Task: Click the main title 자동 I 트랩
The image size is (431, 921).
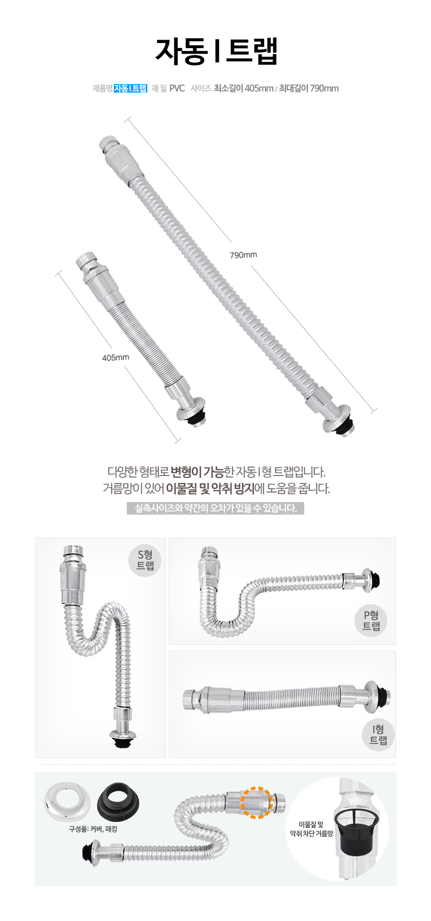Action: coord(216,51)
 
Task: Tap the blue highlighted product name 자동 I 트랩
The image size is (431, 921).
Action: coord(130,89)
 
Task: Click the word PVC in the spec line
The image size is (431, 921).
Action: coord(177,89)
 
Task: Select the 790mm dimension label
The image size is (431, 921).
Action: coord(243,255)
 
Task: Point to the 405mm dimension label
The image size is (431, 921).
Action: coord(115,357)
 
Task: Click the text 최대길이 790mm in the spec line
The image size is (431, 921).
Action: coord(309,89)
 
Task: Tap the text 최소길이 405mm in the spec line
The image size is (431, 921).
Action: coord(244,89)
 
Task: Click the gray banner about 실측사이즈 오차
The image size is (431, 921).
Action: coord(215,508)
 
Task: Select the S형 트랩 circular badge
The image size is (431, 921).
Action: coord(145,560)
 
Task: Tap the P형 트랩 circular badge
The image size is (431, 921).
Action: coord(371,620)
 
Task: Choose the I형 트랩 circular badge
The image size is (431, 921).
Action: coord(378,734)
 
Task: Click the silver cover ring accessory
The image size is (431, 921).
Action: coord(66,802)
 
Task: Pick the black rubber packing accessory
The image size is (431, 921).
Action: coord(118,803)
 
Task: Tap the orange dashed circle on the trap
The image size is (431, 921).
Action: coord(256,802)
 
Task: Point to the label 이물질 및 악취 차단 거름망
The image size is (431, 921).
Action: coord(311,829)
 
